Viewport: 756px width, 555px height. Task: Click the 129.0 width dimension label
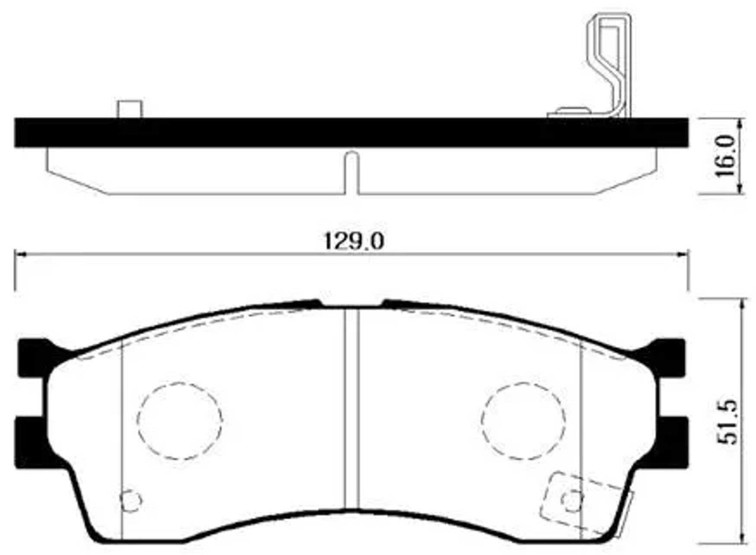(354, 241)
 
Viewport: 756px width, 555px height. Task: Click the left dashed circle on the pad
(179, 421)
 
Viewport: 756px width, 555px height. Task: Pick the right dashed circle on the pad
(523, 421)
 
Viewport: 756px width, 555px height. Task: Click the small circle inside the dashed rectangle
(572, 500)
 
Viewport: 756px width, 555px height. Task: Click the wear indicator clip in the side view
(610, 65)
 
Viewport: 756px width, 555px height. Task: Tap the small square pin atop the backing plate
(129, 109)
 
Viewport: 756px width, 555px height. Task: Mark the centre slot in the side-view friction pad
(352, 173)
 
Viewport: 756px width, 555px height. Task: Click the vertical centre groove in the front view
(352, 408)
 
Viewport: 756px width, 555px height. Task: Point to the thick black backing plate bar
(351, 132)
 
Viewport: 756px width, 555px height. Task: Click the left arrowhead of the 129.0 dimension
(20, 255)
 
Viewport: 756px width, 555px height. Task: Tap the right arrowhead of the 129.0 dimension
(683, 255)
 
